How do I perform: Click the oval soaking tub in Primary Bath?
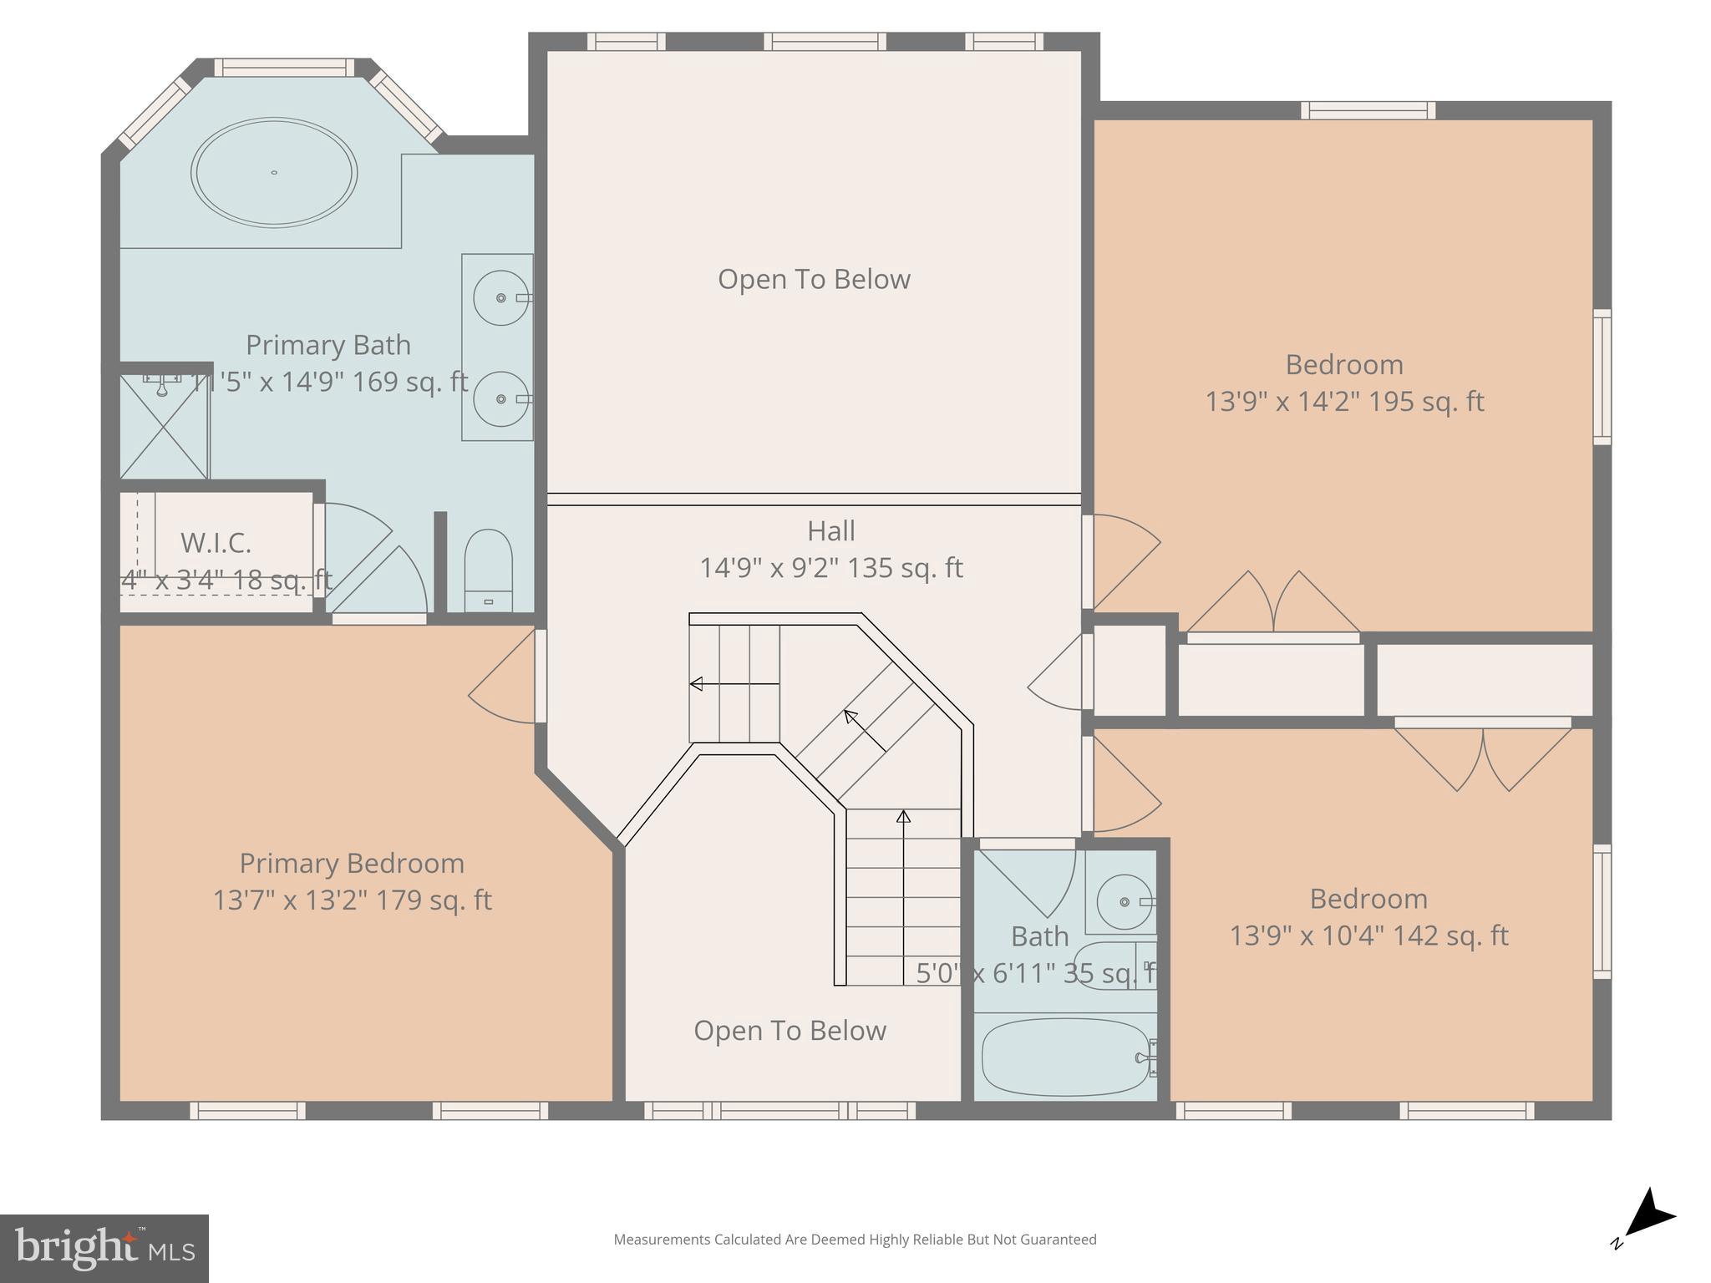pos(274,173)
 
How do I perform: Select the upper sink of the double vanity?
pos(500,297)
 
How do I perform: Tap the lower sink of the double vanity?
pos(500,399)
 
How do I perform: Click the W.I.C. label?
pos(216,543)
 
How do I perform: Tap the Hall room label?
pos(830,531)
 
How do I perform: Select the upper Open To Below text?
pos(814,279)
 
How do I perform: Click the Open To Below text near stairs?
pos(789,1031)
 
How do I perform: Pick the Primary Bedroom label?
pos(352,863)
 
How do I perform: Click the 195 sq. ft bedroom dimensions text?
pos(1343,402)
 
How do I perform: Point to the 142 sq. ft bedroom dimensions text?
pos(1368,936)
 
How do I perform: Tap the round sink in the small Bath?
pos(1124,902)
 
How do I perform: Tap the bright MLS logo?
pos(104,1248)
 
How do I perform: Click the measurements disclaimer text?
pos(855,1240)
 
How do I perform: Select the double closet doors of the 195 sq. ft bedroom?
pos(1273,603)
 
